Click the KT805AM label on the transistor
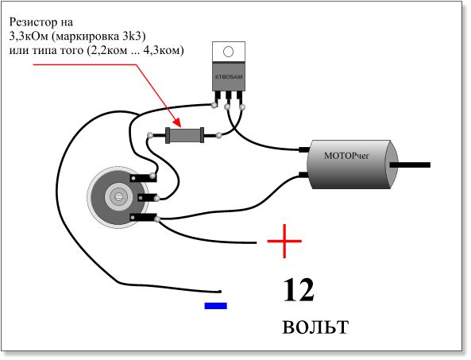[229, 77]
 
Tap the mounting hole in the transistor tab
[228, 52]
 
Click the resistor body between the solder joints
[185, 135]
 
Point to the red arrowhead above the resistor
[177, 122]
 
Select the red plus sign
[284, 241]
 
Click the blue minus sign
[216, 306]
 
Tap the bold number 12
[299, 290]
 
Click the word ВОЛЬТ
[315, 327]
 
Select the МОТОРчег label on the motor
[346, 156]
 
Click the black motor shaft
[410, 165]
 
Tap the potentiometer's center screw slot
[118, 197]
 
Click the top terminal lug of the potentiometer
[143, 177]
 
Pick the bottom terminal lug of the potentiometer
[144, 217]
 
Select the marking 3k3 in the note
[133, 37]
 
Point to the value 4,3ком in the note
[164, 51]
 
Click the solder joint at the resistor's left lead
[150, 136]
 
